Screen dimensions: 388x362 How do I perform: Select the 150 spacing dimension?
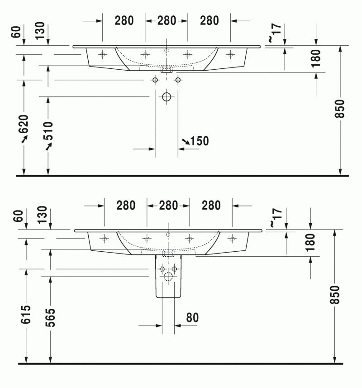(x=199, y=141)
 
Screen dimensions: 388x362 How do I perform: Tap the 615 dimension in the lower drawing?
(x=26, y=313)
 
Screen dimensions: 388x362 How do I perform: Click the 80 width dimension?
(x=192, y=318)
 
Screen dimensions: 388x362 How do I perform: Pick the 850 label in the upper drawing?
(x=340, y=109)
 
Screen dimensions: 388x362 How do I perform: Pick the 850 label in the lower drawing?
(x=335, y=295)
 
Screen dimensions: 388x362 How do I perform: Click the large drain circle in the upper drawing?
(x=167, y=96)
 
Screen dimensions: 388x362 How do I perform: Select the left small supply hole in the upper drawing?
(x=155, y=80)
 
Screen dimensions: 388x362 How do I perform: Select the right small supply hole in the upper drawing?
(x=178, y=80)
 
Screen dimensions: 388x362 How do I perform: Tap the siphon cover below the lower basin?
(x=168, y=276)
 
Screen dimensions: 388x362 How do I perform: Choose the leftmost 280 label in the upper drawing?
(x=124, y=20)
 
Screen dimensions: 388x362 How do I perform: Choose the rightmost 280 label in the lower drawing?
(x=211, y=206)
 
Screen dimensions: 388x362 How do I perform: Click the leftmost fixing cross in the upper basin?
(x=103, y=55)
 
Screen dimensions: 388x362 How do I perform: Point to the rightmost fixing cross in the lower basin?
(x=232, y=238)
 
